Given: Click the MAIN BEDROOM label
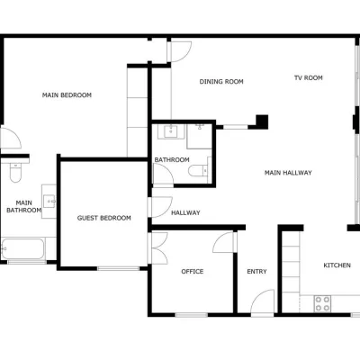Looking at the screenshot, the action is coord(67,95).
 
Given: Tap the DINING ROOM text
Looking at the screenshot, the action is coord(221,82).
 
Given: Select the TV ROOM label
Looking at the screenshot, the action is coord(309,77).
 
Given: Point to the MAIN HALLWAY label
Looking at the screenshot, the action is coord(288,173).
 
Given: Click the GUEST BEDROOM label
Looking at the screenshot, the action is coord(104,218).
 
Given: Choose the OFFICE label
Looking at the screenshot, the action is coord(193,272).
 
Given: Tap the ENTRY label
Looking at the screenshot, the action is coord(256,272).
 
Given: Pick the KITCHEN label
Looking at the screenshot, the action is coord(337,265).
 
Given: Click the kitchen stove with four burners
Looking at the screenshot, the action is coord(322,303).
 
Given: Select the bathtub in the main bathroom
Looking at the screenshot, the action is coord(22,249).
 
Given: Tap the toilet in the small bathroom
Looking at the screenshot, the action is coord(198,171).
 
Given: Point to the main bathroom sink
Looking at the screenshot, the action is coord(49,201).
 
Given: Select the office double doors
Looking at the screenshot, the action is coord(157,247).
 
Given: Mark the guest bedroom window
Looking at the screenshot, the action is coord(118,268).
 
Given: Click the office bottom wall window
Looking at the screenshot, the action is coord(192,315).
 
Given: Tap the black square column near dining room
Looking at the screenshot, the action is coord(262,121).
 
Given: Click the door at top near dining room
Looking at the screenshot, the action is coord(179,51).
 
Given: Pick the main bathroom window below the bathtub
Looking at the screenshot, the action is coord(27,262).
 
